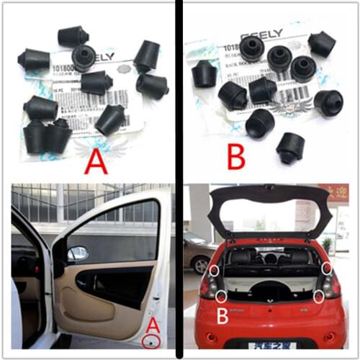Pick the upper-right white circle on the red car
(x=326, y=268)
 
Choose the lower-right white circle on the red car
(x=318, y=295)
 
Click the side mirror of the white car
(x=76, y=253)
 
